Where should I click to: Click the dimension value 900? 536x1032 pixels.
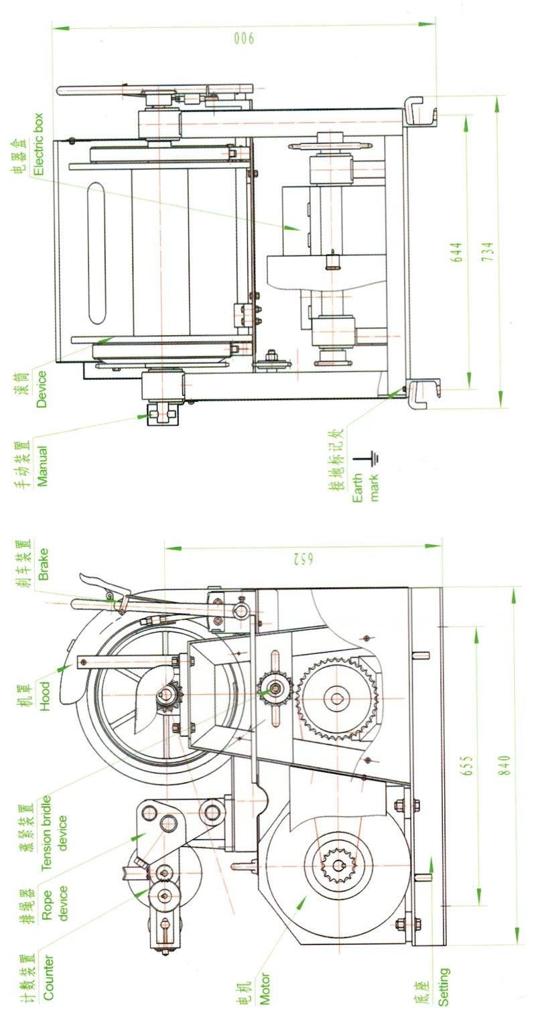[x=245, y=39]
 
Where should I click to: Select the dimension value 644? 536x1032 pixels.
[x=456, y=251]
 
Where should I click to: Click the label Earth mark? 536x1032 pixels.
[x=365, y=488]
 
